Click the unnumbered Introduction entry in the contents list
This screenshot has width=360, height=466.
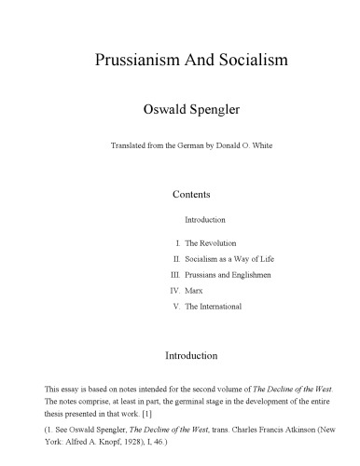205,219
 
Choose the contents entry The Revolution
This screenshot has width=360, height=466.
212,242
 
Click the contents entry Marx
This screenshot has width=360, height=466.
194,291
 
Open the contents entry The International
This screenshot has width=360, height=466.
214,307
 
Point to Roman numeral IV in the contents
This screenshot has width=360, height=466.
174,291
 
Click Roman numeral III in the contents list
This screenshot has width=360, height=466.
174,275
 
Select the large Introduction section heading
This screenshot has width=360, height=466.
191,355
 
